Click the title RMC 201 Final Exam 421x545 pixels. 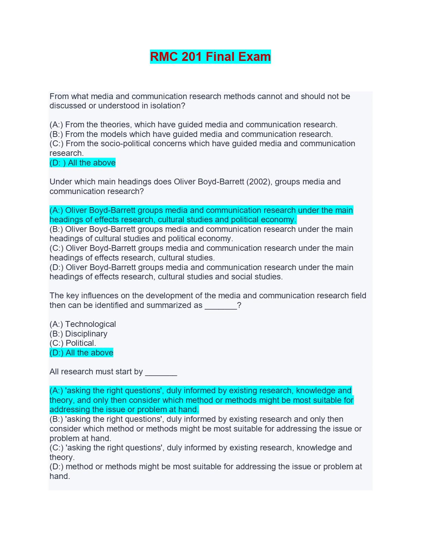pos(210,57)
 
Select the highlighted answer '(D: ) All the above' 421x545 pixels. pos(83,163)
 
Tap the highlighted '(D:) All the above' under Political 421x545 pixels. pos(82,353)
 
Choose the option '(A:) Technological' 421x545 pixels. pos(83,324)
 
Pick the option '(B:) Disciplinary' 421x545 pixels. pos(78,334)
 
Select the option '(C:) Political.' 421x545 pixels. pos(73,343)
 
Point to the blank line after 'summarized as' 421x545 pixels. pos(221,306)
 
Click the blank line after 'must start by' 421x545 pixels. pos(161,372)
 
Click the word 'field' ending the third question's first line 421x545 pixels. pos(358,296)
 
